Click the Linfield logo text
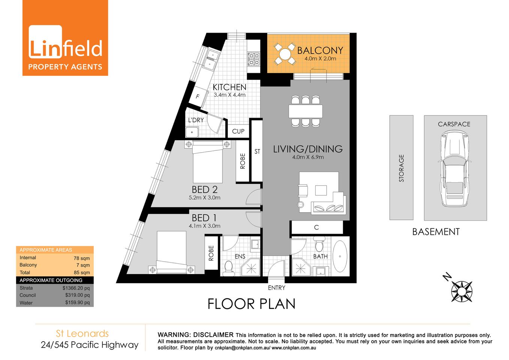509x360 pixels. (65, 48)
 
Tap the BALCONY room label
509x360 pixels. (320, 50)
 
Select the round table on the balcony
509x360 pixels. (285, 54)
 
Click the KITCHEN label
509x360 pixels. (229, 87)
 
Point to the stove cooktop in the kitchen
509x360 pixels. (254, 59)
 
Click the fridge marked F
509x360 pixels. (198, 97)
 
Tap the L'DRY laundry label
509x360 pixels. (196, 120)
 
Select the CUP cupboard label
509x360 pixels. (238, 131)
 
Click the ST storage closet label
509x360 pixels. (257, 151)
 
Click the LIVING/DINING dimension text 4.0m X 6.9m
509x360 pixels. (308, 157)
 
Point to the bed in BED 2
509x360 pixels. (207, 163)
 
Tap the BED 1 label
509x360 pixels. (204, 218)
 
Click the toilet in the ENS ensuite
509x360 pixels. (228, 267)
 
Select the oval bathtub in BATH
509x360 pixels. (340, 256)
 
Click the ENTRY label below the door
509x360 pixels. (277, 288)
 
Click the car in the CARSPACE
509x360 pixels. (455, 168)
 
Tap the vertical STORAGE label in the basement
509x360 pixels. (401, 168)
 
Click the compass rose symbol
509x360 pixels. (461, 291)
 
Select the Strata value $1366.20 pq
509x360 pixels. (76, 288)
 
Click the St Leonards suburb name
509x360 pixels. (82, 333)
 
